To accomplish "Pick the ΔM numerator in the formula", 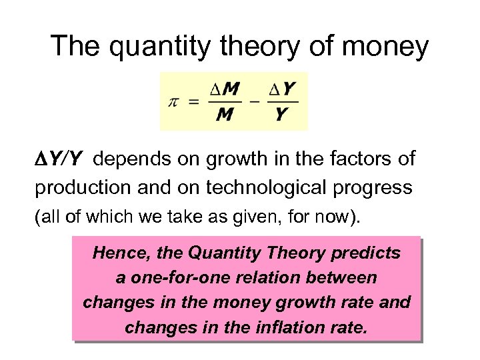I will (x=225, y=89).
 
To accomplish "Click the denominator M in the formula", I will (x=225, y=115).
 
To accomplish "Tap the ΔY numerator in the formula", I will (x=283, y=89).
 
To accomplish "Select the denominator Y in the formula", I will (x=282, y=115).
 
